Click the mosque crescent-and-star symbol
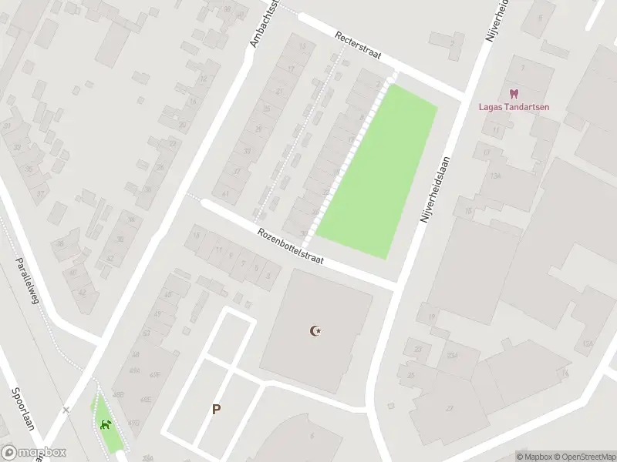[315, 331]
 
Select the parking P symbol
[217, 410]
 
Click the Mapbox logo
[33, 453]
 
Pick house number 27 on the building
[450, 409]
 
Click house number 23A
[453, 355]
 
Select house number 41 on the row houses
[225, 193]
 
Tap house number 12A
[588, 343]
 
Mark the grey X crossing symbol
[66, 410]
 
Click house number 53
[147, 333]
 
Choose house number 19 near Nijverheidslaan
[433, 316]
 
